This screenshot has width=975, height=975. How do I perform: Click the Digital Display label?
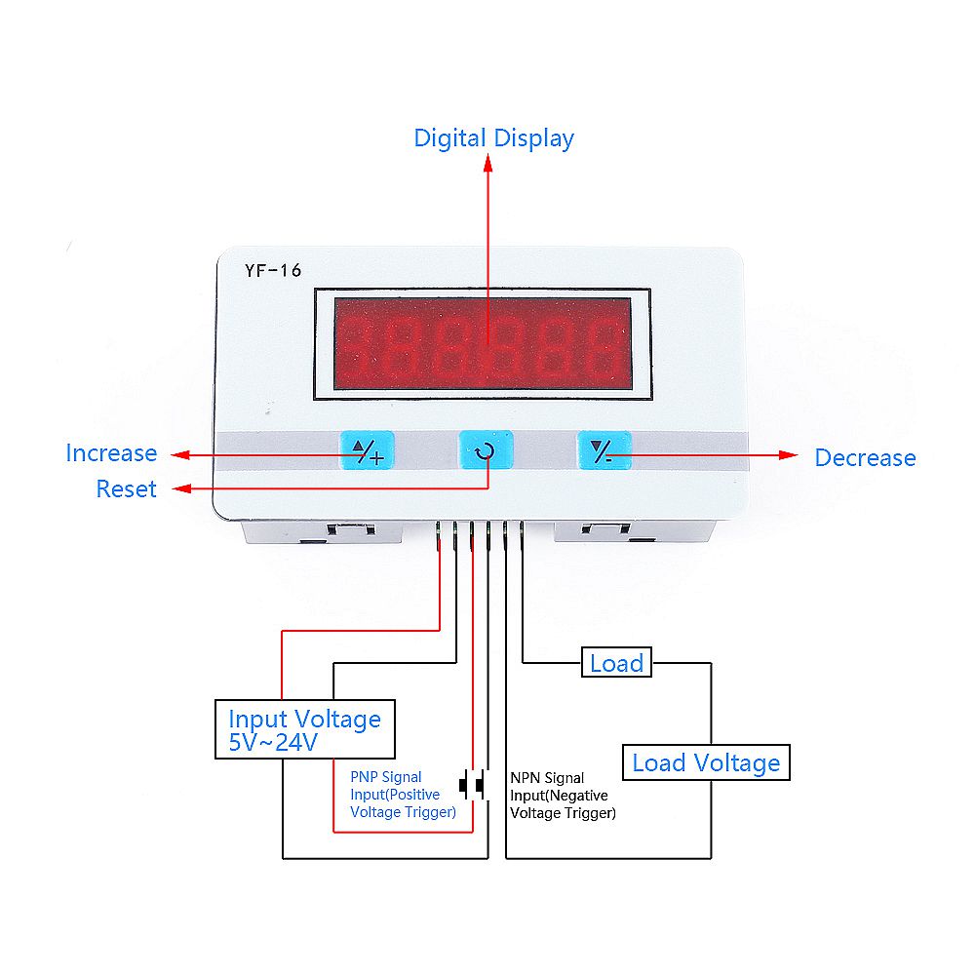pos(493,137)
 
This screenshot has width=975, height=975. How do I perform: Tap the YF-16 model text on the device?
pos(273,271)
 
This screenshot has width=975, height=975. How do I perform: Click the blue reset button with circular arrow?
pos(486,451)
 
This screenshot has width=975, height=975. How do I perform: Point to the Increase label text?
pos(111,453)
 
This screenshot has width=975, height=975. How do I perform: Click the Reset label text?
pos(126,488)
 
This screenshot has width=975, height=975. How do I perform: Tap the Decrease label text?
pos(865,457)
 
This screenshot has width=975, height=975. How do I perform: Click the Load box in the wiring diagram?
pos(616,664)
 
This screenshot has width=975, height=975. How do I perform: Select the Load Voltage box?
pos(706,762)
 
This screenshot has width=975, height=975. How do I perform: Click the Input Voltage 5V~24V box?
pos(304,729)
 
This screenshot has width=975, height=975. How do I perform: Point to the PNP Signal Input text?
pos(403,795)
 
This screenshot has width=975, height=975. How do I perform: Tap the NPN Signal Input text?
pos(563,796)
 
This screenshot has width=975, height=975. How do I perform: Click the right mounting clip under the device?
pos(597,531)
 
